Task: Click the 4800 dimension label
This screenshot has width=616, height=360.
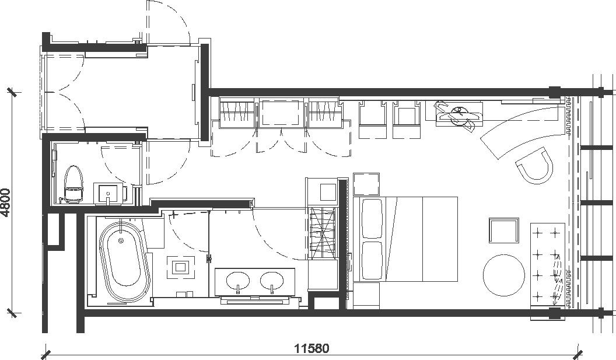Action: coord(5,203)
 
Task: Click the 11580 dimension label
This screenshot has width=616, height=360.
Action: coord(312,348)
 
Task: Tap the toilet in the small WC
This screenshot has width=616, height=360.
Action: coord(73,184)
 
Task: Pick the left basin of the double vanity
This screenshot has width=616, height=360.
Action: coord(238,280)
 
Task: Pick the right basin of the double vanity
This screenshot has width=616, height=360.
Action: coord(272,280)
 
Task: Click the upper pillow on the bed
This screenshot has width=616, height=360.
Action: coord(372,219)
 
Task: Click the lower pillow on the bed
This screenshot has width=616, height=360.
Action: coord(372,261)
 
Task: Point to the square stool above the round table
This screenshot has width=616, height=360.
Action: coord(504,230)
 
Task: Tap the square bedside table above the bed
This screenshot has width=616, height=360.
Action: coord(366,184)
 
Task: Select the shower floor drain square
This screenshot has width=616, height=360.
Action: coord(180,267)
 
